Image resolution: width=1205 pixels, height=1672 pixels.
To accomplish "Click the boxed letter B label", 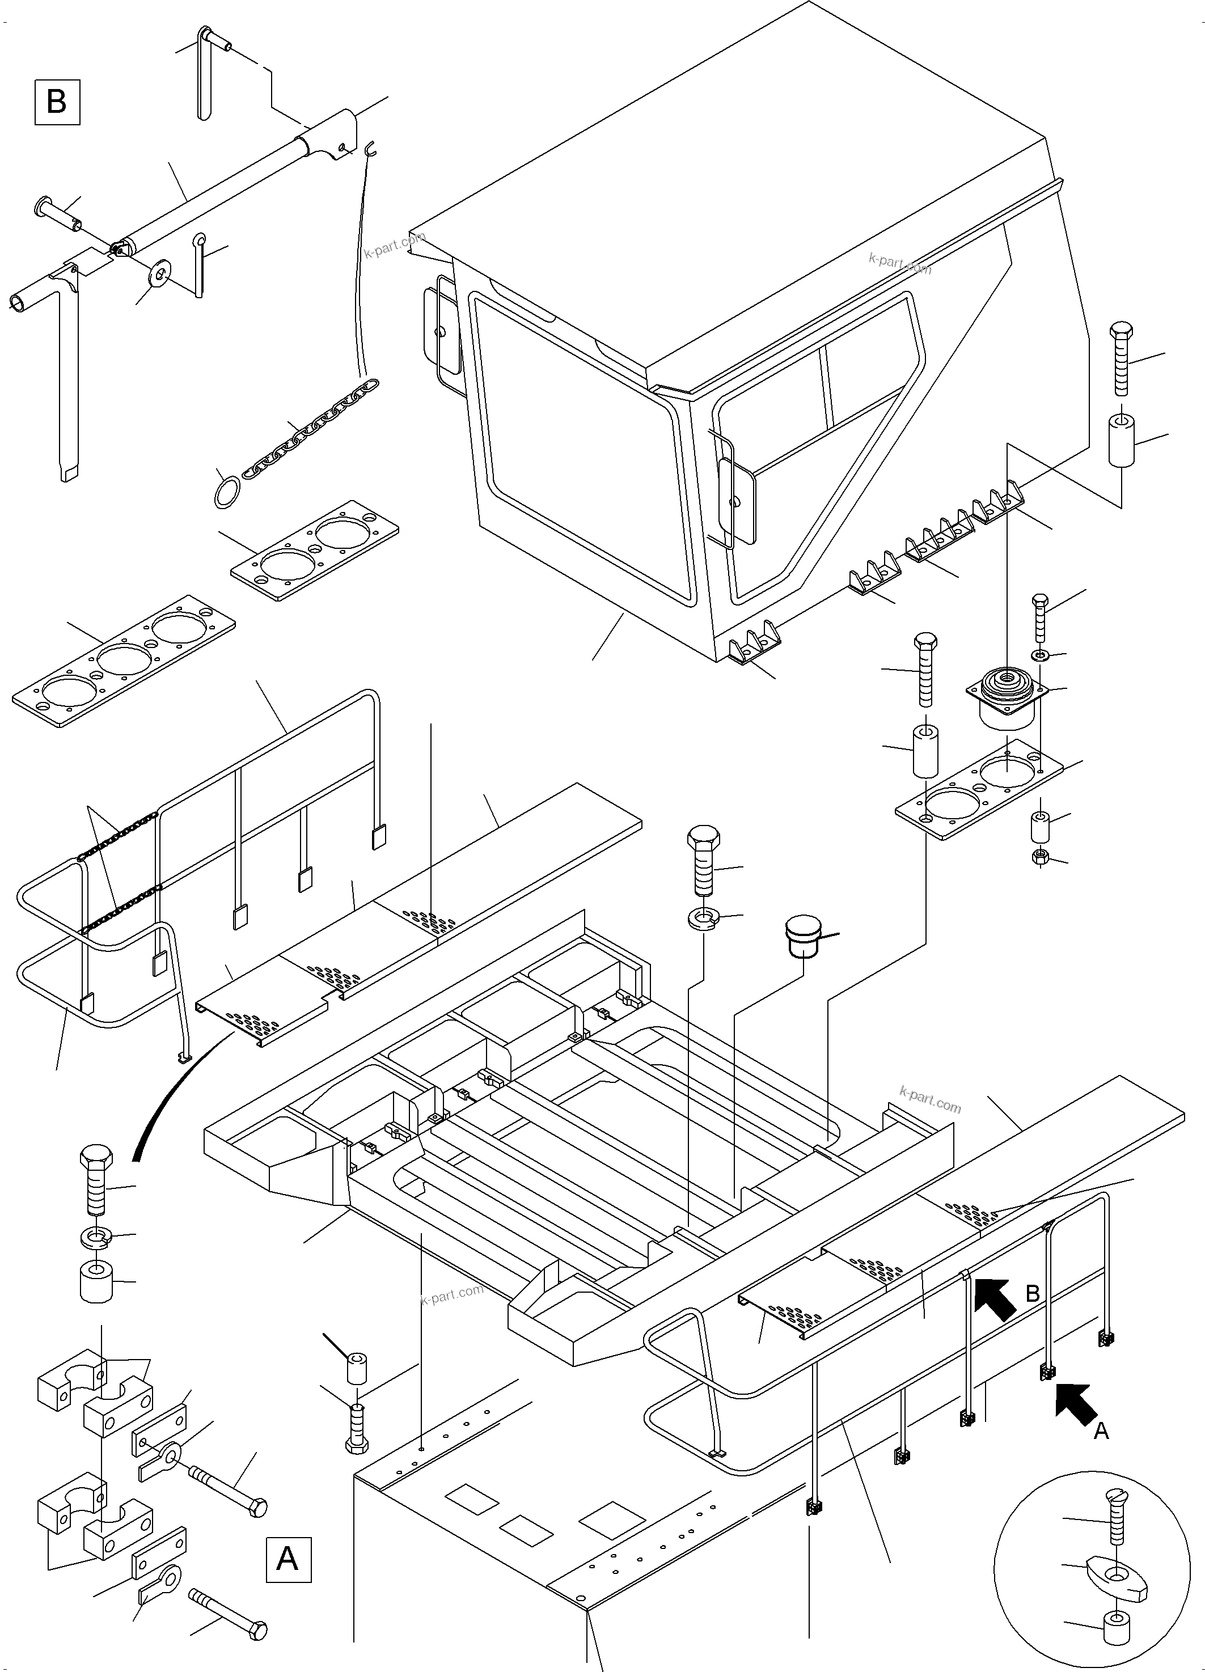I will [57, 103].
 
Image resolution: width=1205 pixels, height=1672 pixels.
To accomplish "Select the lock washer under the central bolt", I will [704, 918].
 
